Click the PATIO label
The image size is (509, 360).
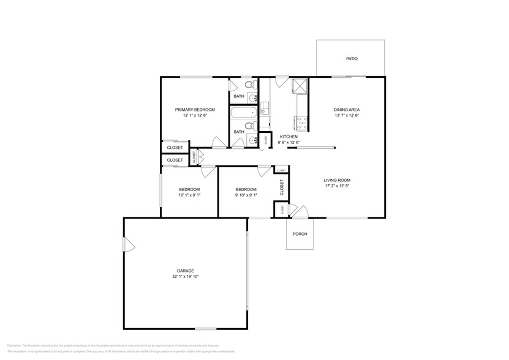click(351, 59)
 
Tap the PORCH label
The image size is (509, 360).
click(300, 234)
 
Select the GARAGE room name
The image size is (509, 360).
click(186, 270)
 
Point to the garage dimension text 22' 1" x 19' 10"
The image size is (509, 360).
click(186, 277)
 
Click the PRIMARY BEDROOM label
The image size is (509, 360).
click(194, 109)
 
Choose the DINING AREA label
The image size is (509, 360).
click(347, 109)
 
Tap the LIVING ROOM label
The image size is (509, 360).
click(337, 180)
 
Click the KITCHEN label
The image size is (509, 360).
click(288, 137)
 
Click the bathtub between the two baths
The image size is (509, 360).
click(244, 113)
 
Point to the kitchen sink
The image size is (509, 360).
click(265, 108)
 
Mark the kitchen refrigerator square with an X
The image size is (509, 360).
click(300, 85)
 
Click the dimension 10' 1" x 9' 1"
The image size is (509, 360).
click(189, 195)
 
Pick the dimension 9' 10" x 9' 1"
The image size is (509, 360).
click(246, 195)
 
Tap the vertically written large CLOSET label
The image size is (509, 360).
click(282, 187)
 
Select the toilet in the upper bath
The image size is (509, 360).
click(247, 84)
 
